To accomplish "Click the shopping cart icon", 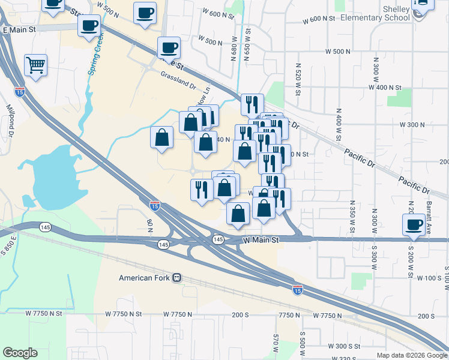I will (x=36, y=64).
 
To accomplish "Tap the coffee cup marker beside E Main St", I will (x=89, y=27).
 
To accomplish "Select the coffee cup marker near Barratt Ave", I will (x=414, y=224).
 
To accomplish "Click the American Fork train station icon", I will (x=177, y=278).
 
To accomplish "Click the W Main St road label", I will (x=261, y=240).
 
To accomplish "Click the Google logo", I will (x=20, y=353).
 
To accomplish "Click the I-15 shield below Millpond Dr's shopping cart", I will (x=20, y=92).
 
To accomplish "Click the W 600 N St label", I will (x=319, y=19).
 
